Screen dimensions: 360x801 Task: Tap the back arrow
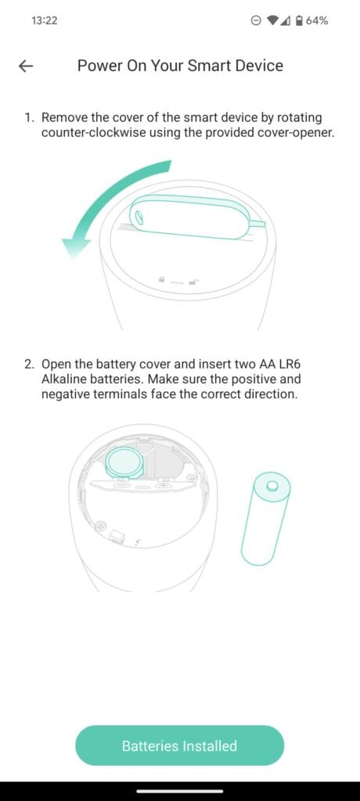[x=26, y=66]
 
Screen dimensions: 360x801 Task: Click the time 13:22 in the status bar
[x=44, y=20]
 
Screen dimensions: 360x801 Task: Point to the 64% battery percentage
[x=317, y=20]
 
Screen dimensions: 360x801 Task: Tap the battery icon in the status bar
[x=299, y=20]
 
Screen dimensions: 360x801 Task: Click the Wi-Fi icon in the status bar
[x=273, y=20]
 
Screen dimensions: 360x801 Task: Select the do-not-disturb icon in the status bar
[x=257, y=20]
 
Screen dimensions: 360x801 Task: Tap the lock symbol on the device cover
[x=162, y=279]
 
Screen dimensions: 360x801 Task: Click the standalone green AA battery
[x=265, y=519]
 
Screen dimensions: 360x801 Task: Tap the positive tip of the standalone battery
[x=272, y=483]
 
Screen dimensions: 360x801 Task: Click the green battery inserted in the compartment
[x=125, y=463]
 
